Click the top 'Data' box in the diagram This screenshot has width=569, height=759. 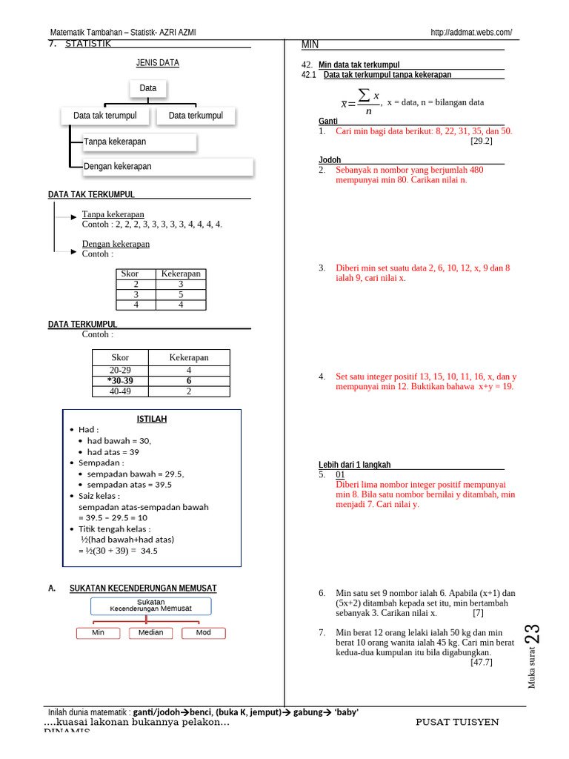[x=148, y=88]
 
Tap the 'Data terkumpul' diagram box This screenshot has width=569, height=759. [x=196, y=116]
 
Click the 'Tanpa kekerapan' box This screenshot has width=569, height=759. [x=133, y=142]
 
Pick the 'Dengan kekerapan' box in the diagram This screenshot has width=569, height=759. [x=162, y=167]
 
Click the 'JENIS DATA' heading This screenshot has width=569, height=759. [x=157, y=64]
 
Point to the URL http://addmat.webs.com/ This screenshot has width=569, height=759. [x=470, y=33]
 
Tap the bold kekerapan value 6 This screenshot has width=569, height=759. [x=189, y=380]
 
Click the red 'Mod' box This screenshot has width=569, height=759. [x=203, y=633]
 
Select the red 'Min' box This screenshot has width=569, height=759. [x=99, y=633]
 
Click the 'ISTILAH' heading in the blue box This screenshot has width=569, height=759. [x=152, y=419]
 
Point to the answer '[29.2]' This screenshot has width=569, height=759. [x=481, y=141]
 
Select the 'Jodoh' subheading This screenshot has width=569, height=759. [x=330, y=160]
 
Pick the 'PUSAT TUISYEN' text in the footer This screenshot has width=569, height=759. [x=457, y=722]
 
